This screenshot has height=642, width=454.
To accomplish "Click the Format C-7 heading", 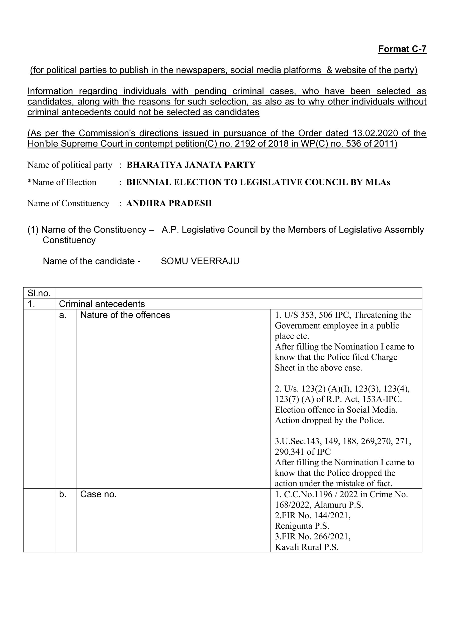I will coord(402,49).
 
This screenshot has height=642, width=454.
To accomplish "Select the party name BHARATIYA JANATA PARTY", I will coord(191,165).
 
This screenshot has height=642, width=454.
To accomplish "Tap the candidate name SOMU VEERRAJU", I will coord(200,261).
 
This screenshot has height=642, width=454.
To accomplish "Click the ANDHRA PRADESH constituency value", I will coord(169,203).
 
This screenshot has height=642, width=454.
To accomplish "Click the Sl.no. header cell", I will coord(39,293).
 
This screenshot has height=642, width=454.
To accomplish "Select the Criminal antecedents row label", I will coord(102,304).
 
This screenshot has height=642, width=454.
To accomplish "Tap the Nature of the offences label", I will coord(125,315).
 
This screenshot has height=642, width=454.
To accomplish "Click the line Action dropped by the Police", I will coord(329,420).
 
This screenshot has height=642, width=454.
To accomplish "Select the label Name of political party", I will coord(70,165).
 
